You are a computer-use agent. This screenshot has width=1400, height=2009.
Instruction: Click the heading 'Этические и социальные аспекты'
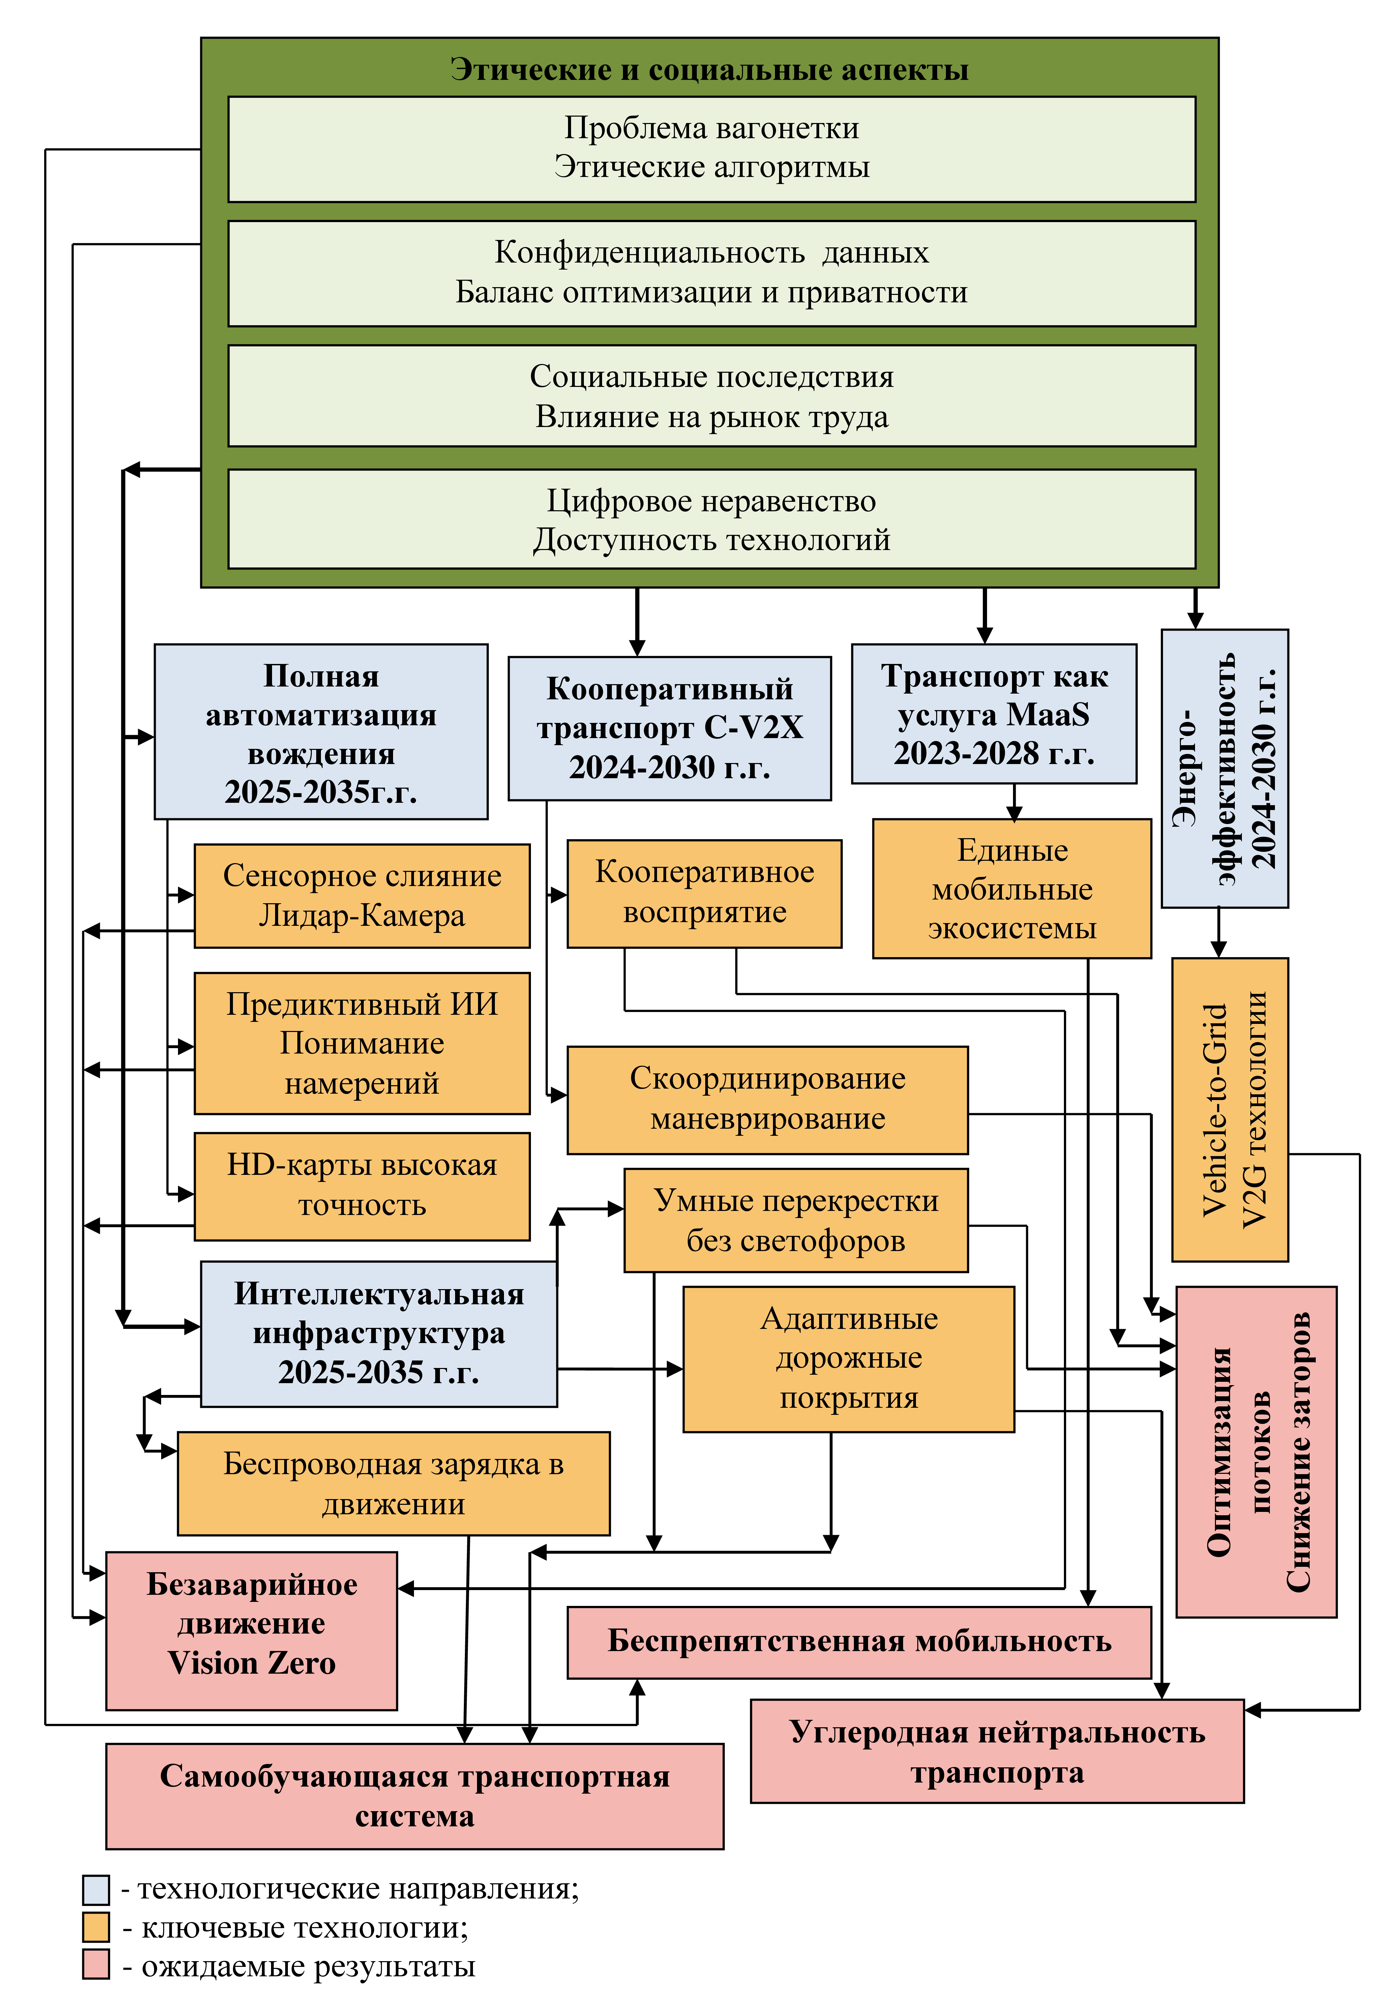tap(709, 69)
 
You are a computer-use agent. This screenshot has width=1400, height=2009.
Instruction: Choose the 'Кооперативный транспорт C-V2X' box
tap(669, 728)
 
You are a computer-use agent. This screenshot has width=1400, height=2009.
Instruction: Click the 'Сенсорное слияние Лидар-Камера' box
tap(361, 895)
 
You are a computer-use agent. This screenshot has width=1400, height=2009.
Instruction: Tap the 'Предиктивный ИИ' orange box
tap(361, 1043)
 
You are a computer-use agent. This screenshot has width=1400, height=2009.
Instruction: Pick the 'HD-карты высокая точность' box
tap(361, 1186)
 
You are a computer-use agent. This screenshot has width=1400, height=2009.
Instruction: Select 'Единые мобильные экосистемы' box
tap(1012, 888)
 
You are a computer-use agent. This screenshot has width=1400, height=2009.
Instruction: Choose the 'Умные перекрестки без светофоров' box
tap(795, 1220)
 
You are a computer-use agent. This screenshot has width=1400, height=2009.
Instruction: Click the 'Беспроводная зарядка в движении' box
tap(393, 1483)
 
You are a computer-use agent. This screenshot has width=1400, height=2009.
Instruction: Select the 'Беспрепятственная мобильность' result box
tap(858, 1642)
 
